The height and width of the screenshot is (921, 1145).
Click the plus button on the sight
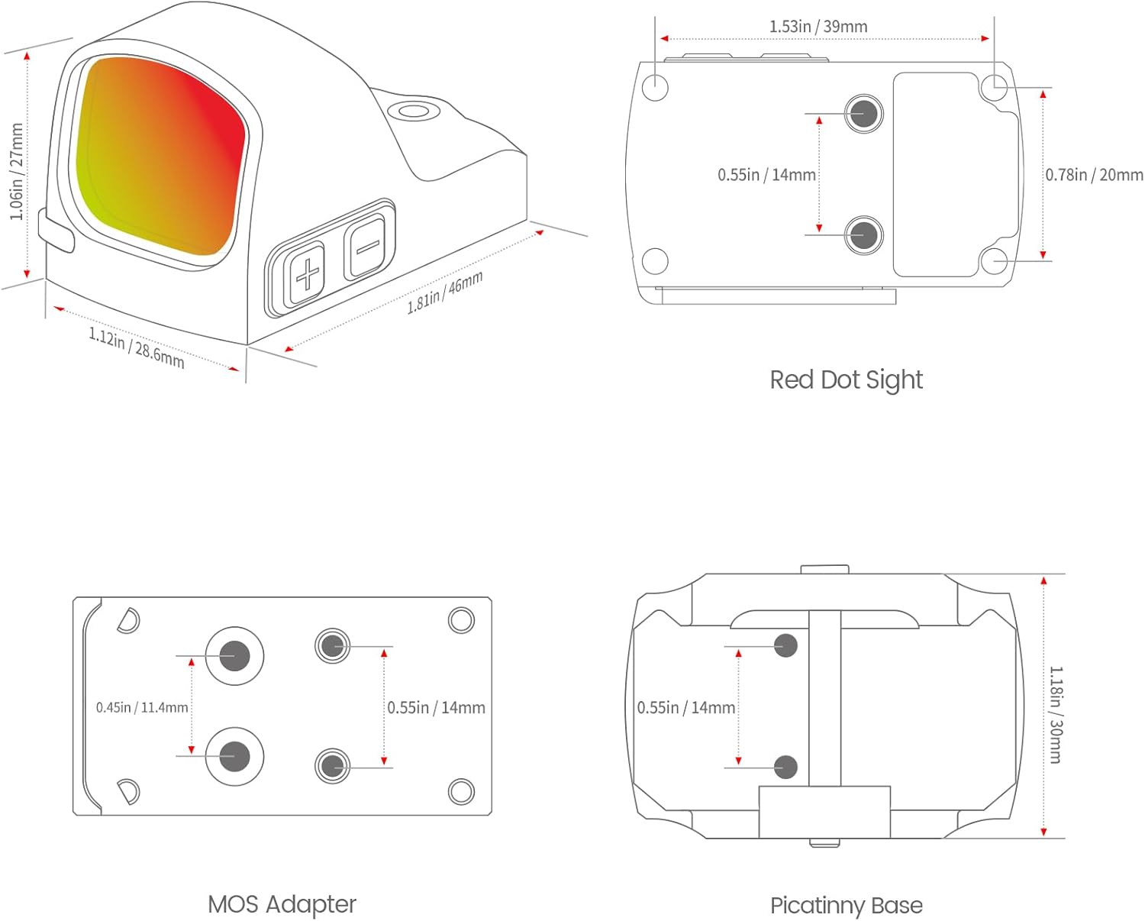tap(307, 273)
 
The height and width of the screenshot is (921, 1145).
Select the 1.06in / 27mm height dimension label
tap(16, 173)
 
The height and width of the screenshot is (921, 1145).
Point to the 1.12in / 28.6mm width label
tap(137, 347)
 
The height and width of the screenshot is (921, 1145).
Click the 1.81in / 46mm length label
tap(445, 292)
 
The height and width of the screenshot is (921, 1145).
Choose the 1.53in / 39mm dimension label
tap(818, 27)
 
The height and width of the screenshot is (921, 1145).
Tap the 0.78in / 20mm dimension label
tap(1094, 175)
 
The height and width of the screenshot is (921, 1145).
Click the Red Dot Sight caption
tap(846, 380)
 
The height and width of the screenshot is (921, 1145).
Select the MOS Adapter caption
tap(282, 904)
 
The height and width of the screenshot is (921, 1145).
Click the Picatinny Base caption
tap(846, 906)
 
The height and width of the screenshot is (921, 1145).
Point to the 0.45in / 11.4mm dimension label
tap(142, 708)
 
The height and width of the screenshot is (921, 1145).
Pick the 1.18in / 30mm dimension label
tap(1055, 715)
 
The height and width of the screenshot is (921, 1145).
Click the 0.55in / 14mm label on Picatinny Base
tap(686, 708)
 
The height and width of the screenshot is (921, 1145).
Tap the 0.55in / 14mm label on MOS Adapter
tap(436, 708)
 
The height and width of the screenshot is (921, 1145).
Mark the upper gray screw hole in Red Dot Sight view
tap(863, 114)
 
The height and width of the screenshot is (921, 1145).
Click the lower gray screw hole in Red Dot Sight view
tap(863, 234)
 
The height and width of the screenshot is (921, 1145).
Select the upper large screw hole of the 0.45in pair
tap(234, 655)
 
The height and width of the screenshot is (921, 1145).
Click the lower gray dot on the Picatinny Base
tap(785, 767)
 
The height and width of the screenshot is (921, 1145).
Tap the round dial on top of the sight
tap(414, 112)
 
